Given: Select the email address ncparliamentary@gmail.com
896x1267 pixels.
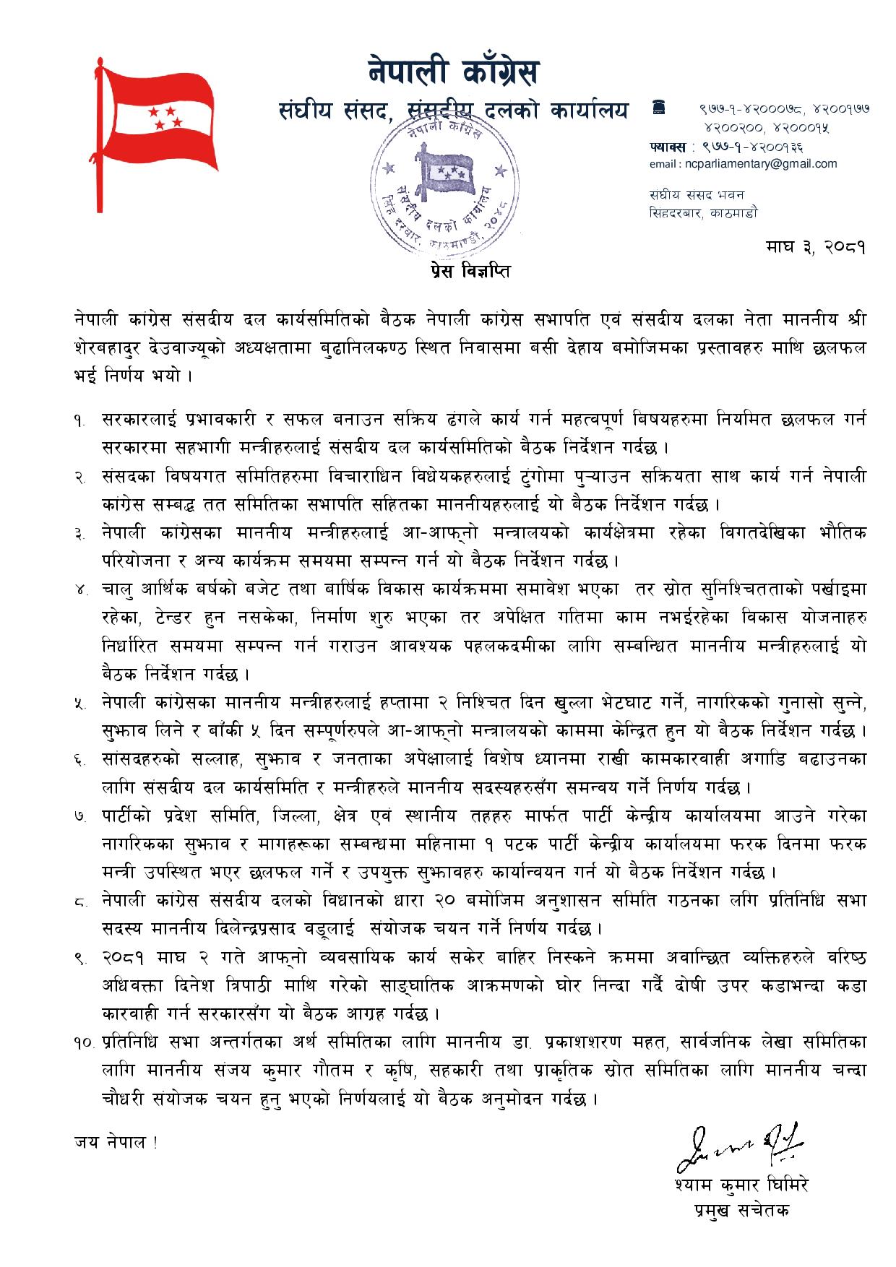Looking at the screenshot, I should click(743, 163).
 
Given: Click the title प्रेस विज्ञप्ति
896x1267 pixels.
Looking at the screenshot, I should click(466, 272).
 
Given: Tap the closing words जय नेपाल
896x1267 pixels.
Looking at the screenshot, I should click(114, 1142).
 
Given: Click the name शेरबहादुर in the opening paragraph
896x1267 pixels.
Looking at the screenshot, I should click(119, 347).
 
